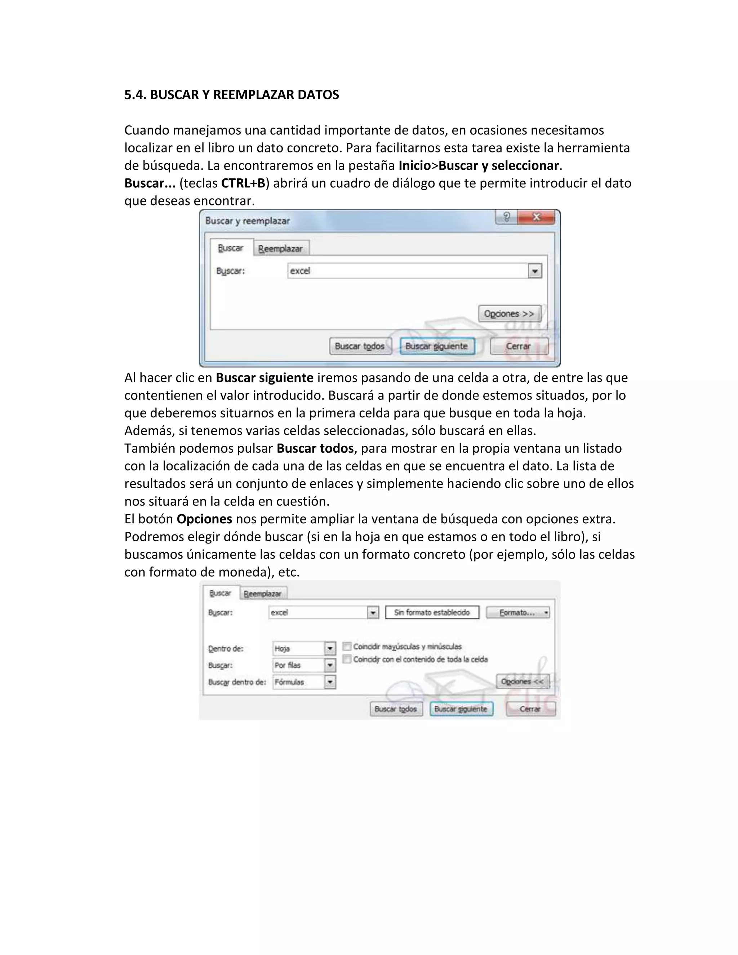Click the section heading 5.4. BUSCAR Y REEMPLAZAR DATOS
(x=231, y=95)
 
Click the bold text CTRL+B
(x=243, y=183)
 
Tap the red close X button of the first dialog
(x=537, y=217)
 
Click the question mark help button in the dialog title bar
(x=506, y=217)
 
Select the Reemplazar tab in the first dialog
(x=280, y=248)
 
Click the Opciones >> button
(x=509, y=314)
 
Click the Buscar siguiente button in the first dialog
(x=436, y=346)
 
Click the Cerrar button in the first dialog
(x=519, y=346)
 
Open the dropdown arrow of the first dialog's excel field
(x=534, y=271)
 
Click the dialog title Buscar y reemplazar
(x=248, y=221)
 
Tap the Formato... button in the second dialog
(x=518, y=613)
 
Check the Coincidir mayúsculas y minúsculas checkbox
(x=347, y=646)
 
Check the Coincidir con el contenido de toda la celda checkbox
(x=347, y=659)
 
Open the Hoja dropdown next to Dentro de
(x=330, y=648)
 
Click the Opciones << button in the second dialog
(x=522, y=681)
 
